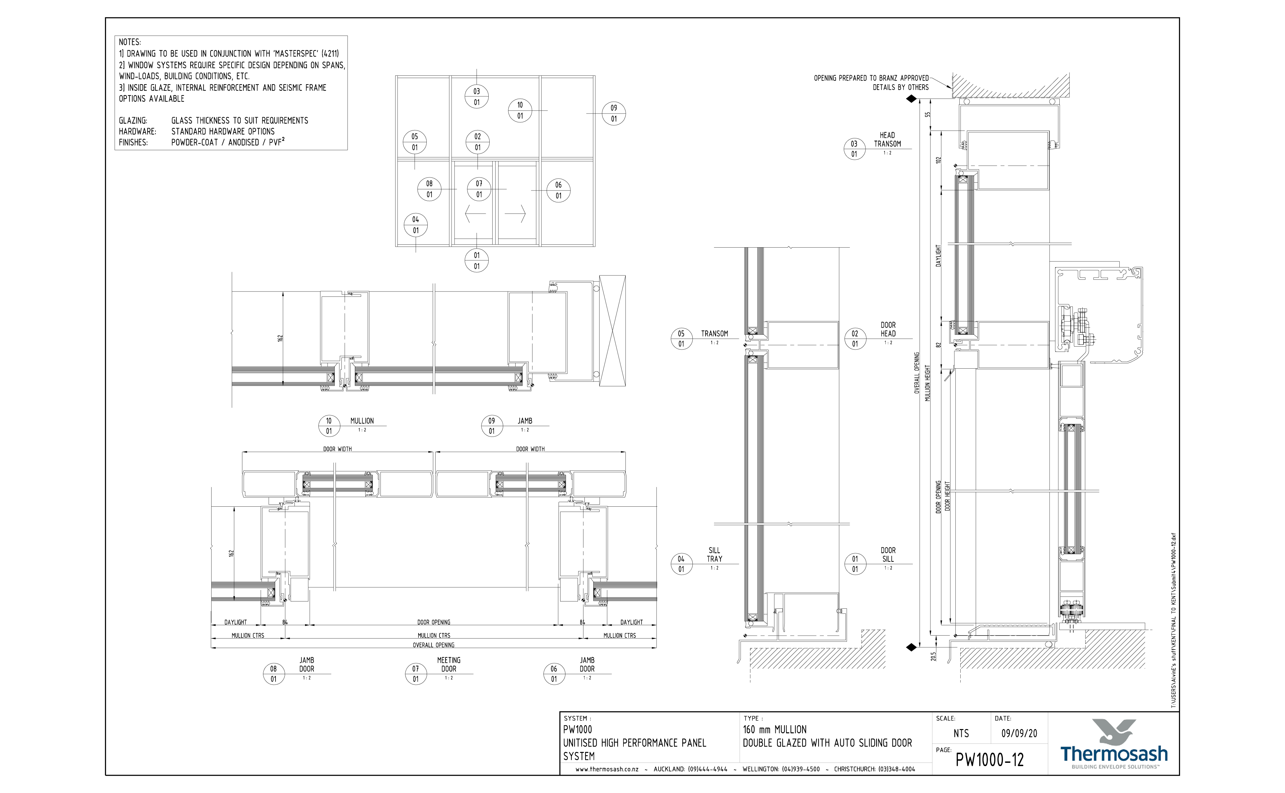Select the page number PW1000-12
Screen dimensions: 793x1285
(x=989, y=760)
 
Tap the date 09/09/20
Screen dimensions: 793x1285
(x=1019, y=733)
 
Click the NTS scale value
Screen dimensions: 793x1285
(x=961, y=733)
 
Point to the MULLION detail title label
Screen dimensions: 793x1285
(x=362, y=421)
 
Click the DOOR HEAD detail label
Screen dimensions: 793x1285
(x=888, y=329)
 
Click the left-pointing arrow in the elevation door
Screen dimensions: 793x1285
(x=475, y=213)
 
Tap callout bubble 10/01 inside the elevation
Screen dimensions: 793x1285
(x=520, y=110)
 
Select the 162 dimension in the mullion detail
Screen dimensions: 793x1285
(x=280, y=338)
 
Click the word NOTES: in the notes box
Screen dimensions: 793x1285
(x=130, y=42)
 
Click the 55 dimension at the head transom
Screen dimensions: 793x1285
(x=927, y=114)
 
